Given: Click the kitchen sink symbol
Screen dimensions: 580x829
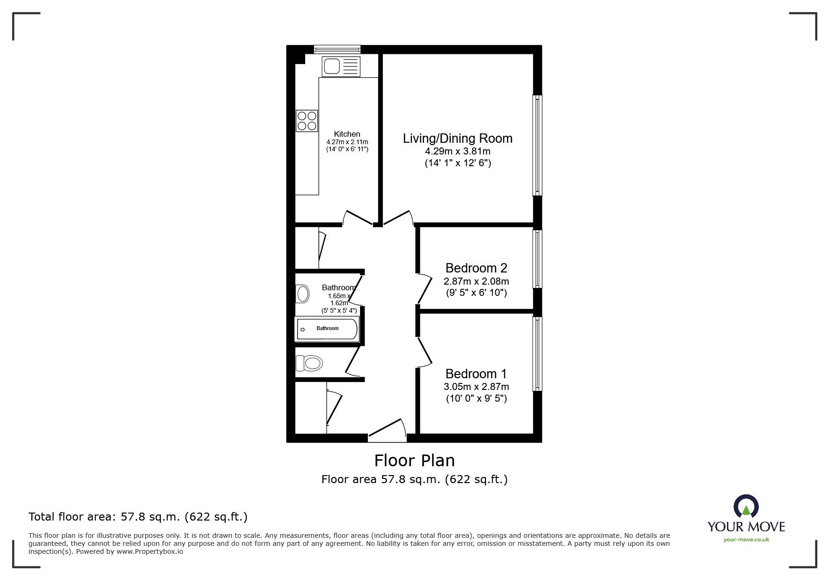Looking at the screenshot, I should pos(341,66).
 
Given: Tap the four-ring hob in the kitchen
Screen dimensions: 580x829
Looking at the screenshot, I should pos(307,120).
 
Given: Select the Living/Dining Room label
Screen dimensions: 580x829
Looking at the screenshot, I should pos(457,139).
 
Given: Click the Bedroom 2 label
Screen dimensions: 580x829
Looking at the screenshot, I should pos(476,268).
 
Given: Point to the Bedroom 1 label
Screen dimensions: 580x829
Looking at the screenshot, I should pos(476,374).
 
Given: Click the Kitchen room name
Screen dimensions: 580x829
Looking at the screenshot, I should pos(347,134).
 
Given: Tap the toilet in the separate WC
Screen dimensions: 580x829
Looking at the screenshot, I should pos(309,363).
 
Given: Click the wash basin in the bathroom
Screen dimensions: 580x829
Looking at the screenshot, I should pos(303,294).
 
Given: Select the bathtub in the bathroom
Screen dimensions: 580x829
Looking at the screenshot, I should pos(327,329).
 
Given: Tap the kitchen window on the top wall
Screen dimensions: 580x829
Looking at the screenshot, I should pos(337,48).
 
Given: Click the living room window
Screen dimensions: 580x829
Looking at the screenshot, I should pos(537,145).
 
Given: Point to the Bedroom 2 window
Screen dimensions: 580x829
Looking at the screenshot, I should pos(537,258).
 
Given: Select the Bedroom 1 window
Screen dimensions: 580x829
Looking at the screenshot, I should pos(537,354).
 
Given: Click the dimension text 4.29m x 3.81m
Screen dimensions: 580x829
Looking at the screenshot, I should pos(457,152).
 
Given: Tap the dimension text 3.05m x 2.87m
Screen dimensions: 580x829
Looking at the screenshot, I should pos(476,387).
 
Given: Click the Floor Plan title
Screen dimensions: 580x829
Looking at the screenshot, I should pos(414,461).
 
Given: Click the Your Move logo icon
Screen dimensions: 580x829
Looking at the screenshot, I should pos(746,507).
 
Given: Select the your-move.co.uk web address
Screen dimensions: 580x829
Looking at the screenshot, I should pos(746,540).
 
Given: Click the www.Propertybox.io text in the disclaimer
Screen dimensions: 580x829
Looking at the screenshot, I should pos(149,551).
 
